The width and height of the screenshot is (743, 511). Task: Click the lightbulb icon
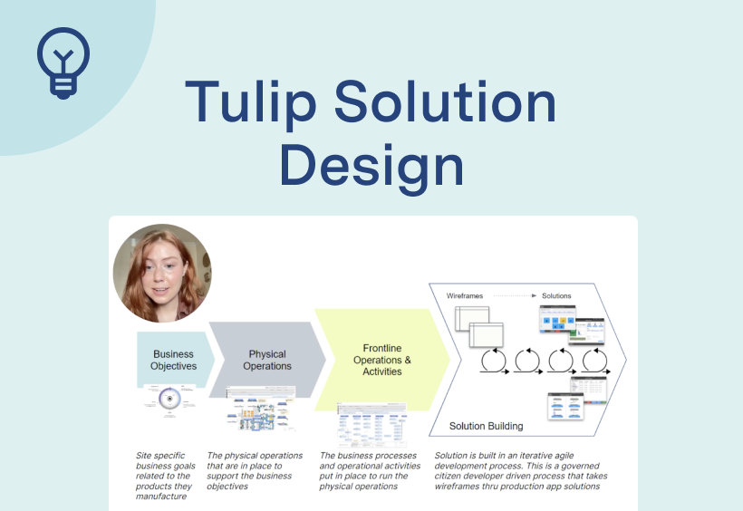63,63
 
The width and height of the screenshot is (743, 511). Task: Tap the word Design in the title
371,167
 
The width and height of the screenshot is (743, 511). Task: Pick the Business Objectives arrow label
174,360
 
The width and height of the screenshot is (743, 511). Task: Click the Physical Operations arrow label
267,360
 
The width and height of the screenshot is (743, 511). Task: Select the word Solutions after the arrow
556,296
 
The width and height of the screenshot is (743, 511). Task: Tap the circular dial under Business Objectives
169,399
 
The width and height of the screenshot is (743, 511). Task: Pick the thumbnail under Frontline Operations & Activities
371,424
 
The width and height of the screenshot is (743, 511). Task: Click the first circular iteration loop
494,362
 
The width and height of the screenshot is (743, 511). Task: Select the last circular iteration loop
594,362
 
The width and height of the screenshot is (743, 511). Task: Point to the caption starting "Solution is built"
521,469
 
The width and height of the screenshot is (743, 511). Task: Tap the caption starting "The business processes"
370,469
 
